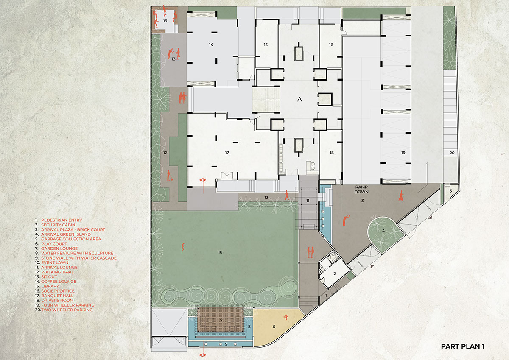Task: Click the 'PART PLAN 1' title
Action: [463, 346]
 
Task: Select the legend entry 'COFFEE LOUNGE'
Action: [59, 282]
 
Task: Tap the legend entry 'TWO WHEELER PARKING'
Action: [67, 310]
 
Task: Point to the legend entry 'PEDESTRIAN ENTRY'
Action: [61, 220]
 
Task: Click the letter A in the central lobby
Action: [299, 99]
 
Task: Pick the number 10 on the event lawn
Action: [220, 252]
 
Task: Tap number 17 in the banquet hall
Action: [227, 153]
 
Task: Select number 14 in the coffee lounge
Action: [210, 45]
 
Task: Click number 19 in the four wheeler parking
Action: [403, 152]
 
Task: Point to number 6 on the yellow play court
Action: [274, 327]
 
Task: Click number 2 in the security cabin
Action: [335, 274]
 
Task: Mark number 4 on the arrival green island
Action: [383, 231]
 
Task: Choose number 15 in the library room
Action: [266, 45]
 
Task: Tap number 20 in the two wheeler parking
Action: [452, 153]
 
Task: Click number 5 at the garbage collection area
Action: [450, 191]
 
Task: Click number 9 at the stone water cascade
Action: [226, 343]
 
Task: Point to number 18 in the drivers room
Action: [331, 153]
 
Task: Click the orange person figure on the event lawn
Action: [183, 247]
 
